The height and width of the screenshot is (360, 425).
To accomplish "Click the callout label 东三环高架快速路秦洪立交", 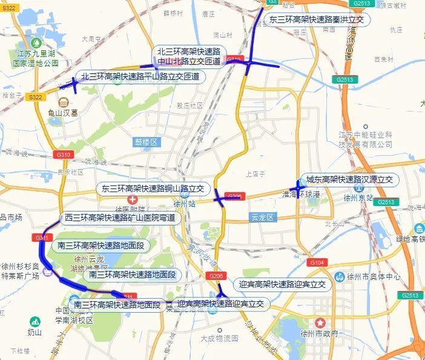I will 317,19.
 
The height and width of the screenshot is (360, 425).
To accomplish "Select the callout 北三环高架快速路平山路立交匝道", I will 140,77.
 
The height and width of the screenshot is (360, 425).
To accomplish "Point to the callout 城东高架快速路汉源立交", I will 349,180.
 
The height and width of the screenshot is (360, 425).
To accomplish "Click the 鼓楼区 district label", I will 146,142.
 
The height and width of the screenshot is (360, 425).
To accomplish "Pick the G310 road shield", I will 63,155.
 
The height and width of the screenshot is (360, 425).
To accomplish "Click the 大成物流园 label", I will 220,338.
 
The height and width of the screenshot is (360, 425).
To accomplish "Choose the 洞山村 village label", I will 223,35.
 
